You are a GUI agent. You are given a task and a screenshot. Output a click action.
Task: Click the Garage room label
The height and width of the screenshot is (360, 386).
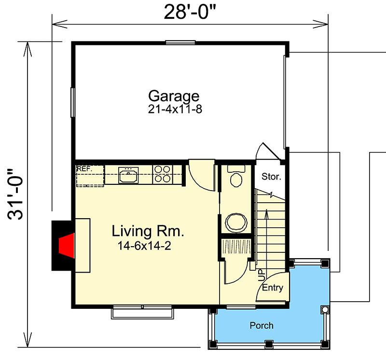[173, 95]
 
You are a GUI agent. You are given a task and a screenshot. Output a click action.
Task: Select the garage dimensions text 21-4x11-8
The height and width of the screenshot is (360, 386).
[175, 109]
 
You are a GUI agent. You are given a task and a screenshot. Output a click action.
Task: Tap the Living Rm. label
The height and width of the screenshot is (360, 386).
[148, 231]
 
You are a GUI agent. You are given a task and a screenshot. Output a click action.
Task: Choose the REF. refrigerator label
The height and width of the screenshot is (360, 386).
[84, 169]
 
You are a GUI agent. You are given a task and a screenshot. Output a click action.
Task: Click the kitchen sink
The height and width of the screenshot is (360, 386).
[128, 175]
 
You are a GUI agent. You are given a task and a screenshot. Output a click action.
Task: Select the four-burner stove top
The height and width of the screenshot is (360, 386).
[162, 174]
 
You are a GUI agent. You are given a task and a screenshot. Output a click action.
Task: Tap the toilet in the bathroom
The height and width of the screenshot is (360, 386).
[236, 177]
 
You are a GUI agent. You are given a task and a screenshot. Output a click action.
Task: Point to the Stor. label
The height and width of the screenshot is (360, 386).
[271, 177]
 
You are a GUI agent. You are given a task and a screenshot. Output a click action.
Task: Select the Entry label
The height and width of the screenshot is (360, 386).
[273, 288]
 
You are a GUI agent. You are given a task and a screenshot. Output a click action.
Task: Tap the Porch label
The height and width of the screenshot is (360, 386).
[261, 326]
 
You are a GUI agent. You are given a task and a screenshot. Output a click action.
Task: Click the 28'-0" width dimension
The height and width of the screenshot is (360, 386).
[190, 11]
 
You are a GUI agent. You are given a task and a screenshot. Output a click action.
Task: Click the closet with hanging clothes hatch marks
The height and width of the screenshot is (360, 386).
[236, 247]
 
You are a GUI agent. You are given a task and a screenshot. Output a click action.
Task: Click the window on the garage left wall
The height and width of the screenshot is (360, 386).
[73, 102]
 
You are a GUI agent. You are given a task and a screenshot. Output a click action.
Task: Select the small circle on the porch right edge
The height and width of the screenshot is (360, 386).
[325, 309]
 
